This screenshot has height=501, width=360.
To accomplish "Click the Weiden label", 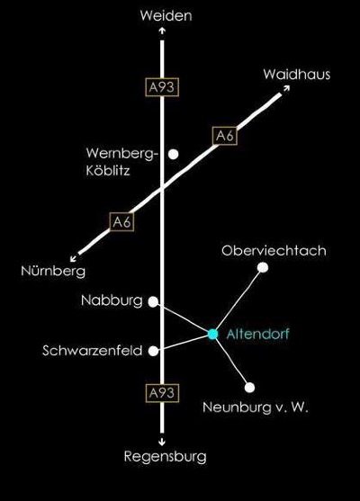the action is (x=166, y=16).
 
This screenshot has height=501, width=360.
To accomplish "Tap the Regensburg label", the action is (x=166, y=457).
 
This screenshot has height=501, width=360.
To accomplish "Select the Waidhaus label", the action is (x=297, y=74).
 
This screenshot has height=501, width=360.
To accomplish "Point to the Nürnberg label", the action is (x=53, y=271).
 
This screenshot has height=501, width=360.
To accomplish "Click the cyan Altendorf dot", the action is (x=212, y=334).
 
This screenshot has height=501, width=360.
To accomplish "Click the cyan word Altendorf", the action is (x=257, y=334).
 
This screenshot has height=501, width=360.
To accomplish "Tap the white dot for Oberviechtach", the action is (x=263, y=267).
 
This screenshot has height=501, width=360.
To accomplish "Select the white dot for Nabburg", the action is (x=154, y=301).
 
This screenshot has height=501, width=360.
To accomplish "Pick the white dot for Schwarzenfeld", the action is (x=154, y=351).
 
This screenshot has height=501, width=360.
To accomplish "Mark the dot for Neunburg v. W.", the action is (x=249, y=388).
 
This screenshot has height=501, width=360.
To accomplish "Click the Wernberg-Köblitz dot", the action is (x=174, y=155).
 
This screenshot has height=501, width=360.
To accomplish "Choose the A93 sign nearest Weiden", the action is (x=162, y=87).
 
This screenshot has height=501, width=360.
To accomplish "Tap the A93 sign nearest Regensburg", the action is (x=162, y=393).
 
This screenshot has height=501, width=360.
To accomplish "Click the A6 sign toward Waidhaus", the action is (x=225, y=136).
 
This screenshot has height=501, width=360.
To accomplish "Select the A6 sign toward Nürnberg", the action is (x=121, y=221).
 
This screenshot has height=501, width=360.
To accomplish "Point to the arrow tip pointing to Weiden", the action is (x=162, y=28).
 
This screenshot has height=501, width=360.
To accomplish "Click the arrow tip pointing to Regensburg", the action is (x=162, y=444).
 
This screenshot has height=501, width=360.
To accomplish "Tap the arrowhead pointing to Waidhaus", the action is (x=289, y=86).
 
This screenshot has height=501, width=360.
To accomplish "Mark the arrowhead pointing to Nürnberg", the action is (x=71, y=261).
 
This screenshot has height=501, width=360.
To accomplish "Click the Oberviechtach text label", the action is (x=274, y=250).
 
